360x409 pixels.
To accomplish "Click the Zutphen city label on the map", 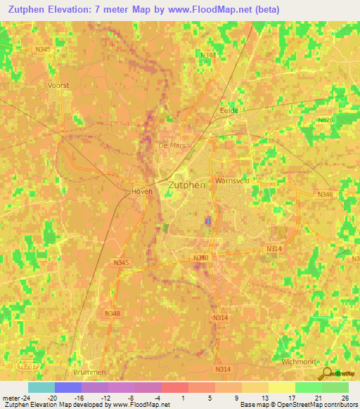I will (x=187, y=185).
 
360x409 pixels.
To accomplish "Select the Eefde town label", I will (x=230, y=110).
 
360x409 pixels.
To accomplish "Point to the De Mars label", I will (x=171, y=145).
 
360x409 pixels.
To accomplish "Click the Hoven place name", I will (x=142, y=190).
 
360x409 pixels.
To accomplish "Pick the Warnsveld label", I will (x=232, y=180).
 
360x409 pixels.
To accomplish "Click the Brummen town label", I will (x=89, y=372).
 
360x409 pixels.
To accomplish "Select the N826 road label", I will (x=325, y=120).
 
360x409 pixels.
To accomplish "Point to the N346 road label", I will (x=324, y=194).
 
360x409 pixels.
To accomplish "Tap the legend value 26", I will (x=345, y=398).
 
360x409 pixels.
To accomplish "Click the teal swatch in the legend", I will (x=41, y=387).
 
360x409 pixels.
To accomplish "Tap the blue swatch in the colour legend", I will (x=67, y=387).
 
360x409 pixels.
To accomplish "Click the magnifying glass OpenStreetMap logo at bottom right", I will (x=326, y=373).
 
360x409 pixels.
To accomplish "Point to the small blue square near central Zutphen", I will (x=207, y=221).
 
